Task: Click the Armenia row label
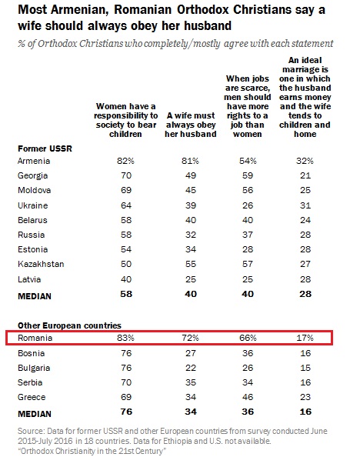pos(34,161)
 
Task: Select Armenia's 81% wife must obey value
pos(190,161)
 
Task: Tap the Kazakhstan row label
pos(41,264)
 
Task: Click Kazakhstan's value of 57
pos(248,264)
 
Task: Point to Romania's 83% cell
pos(126,338)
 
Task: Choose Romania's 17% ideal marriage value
pos(305,338)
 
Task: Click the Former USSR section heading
pos(45,148)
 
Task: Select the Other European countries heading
pos(69,325)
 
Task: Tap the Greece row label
pos(32,397)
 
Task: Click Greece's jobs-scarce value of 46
pos(248,397)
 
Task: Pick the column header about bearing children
pos(126,120)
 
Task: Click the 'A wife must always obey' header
pos(191,125)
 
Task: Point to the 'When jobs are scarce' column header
pos(248,106)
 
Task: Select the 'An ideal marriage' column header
pos(305,97)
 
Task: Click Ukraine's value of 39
pos(191,205)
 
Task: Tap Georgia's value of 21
pos(305,175)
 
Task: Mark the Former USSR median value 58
pos(126,294)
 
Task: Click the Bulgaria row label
pos(34,368)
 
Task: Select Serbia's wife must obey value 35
pos(191,382)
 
